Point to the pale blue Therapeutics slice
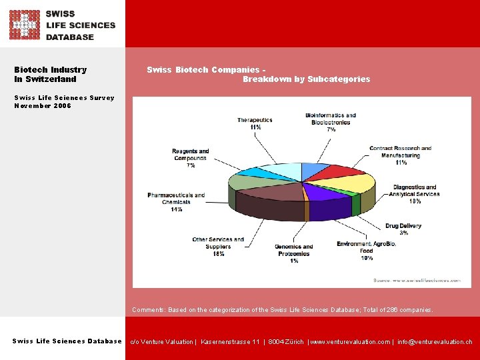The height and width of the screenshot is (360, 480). (280, 171)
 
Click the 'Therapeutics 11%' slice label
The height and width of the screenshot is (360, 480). (255, 123)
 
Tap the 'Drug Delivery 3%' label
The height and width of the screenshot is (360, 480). (403, 229)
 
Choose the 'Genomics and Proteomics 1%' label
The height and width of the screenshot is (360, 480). (293, 254)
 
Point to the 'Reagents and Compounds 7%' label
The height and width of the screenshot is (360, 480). (191, 158)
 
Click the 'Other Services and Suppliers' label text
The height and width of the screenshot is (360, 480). (218, 247)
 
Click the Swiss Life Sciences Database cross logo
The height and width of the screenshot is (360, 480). (24, 25)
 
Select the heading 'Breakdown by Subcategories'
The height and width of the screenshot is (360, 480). (306, 79)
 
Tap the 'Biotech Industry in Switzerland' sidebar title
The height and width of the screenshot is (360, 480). (51, 74)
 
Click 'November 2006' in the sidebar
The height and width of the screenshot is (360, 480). (43, 106)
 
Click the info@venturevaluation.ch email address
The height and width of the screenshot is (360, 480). (435, 342)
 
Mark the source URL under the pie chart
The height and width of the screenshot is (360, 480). (417, 281)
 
